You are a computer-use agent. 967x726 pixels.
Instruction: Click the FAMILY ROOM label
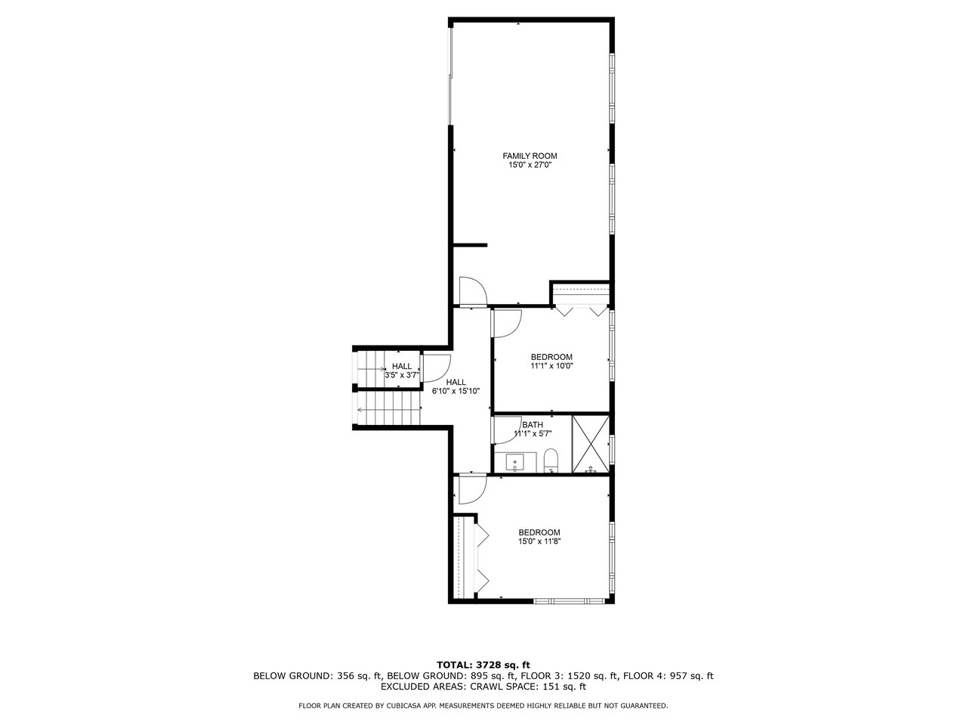(x=530, y=156)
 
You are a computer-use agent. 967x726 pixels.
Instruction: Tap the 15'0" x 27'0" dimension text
(x=530, y=165)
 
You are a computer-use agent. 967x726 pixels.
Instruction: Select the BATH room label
(x=532, y=425)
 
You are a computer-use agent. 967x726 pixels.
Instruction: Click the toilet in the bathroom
(x=551, y=461)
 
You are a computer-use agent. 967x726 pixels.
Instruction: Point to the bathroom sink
(x=514, y=462)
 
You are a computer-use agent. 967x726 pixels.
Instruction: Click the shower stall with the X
(x=590, y=444)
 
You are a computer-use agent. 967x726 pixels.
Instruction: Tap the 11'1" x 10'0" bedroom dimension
(x=551, y=366)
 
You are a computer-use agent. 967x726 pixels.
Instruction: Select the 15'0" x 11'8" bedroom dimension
(x=539, y=541)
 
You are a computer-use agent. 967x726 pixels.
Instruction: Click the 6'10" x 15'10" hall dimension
(x=456, y=390)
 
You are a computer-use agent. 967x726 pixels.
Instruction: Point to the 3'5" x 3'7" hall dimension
(x=402, y=375)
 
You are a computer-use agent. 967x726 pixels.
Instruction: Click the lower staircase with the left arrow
(x=388, y=409)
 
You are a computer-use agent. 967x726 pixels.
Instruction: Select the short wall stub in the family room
(x=470, y=244)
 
